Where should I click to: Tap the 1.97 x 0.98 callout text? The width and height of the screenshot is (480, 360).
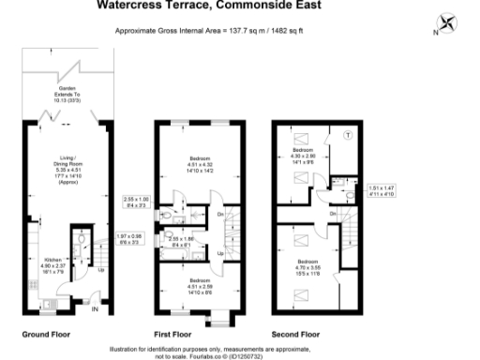pyautogui.click(x=130, y=240)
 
